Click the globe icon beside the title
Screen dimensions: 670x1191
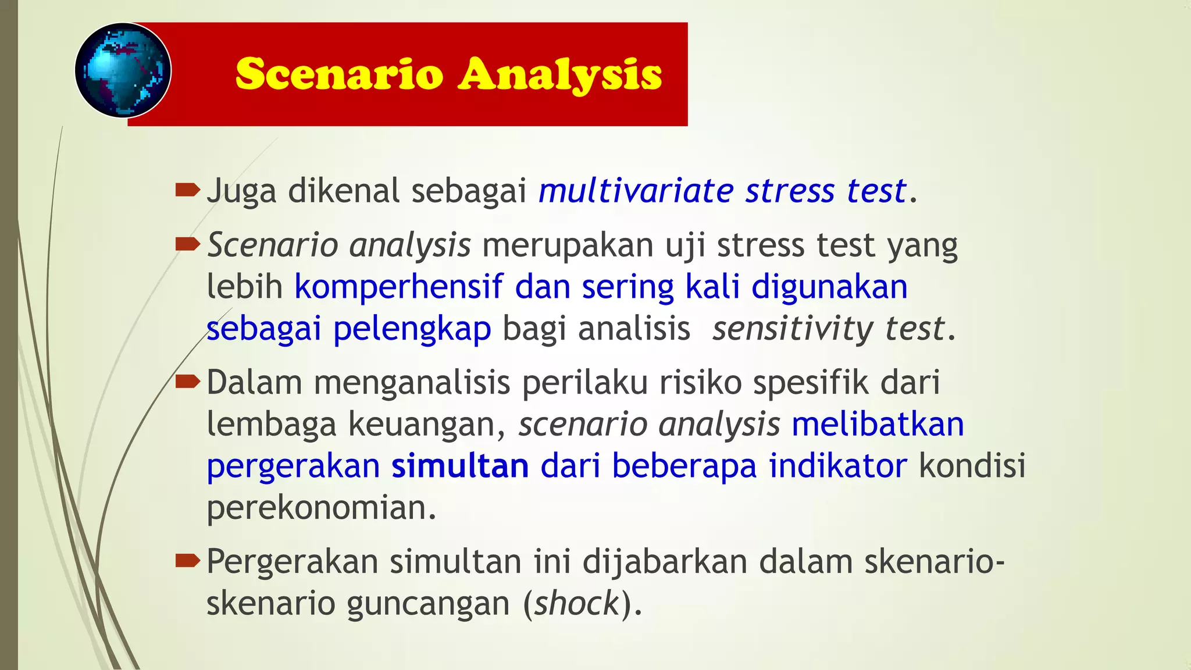pyautogui.click(x=123, y=70)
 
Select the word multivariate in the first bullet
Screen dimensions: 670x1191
pyautogui.click(x=636, y=191)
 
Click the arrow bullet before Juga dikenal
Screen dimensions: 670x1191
pyautogui.click(x=187, y=190)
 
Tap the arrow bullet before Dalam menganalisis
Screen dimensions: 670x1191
pyautogui.click(x=187, y=382)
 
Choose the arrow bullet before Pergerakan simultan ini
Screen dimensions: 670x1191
pyautogui.click(x=187, y=561)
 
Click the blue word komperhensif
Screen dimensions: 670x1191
pyautogui.click(x=398, y=287)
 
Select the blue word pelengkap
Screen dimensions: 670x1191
pyautogui.click(x=412, y=329)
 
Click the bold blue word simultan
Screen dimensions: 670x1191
pyautogui.click(x=460, y=466)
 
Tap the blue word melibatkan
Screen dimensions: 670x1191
pyautogui.click(x=878, y=424)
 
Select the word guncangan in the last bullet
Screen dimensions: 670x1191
pyautogui.click(x=428, y=604)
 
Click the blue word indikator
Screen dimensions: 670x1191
pyautogui.click(x=837, y=466)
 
